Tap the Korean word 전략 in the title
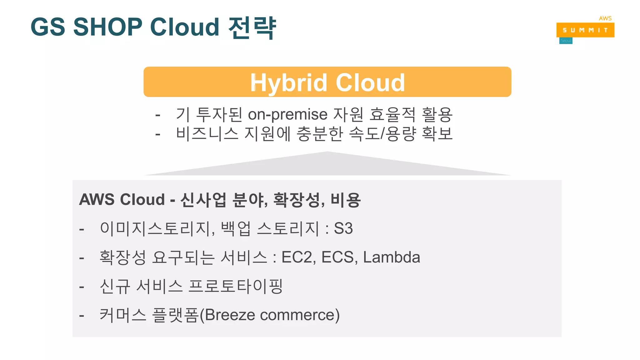(x=252, y=27)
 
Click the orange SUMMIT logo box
(x=585, y=30)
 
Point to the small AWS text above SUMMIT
(x=605, y=18)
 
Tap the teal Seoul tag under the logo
(x=566, y=41)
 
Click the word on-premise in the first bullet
(x=287, y=114)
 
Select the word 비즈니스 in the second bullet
(x=207, y=133)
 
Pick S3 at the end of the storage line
(x=343, y=228)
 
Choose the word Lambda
(x=391, y=257)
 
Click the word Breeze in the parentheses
(x=230, y=315)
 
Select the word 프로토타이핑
(x=236, y=286)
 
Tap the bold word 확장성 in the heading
(x=298, y=199)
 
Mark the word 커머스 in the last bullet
(x=123, y=315)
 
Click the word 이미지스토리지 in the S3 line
(x=156, y=228)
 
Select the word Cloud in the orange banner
(x=370, y=83)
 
